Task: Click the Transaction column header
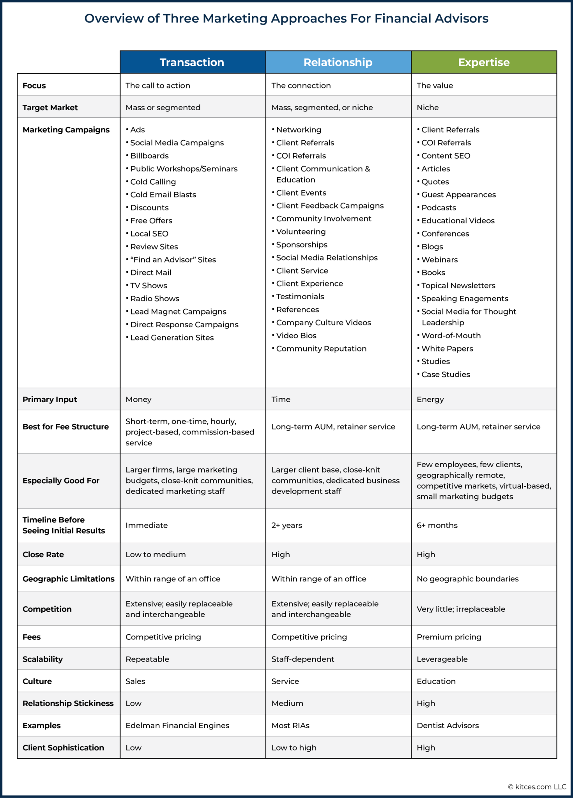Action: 192,62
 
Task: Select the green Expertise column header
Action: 484,62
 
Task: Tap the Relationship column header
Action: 338,62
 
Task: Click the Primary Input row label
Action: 50,399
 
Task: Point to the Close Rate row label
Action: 43,554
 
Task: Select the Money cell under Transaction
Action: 138,399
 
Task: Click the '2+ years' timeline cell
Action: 287,525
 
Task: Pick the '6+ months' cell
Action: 437,525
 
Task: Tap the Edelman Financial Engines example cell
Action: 177,726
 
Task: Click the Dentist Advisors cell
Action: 447,726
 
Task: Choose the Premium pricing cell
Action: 449,637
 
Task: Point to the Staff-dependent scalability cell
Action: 303,659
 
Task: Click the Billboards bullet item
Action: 149,156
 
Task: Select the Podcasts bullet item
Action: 439,208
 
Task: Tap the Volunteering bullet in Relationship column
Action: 301,232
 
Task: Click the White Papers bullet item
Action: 447,349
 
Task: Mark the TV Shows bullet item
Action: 149,286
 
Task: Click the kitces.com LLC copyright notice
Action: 537,787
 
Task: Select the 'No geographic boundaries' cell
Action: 467,579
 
